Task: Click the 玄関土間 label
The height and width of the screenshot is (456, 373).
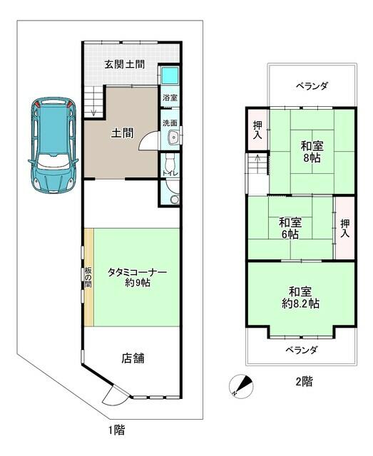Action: pos(125,64)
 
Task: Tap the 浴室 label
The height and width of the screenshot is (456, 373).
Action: pos(170,98)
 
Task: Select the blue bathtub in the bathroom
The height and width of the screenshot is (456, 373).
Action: pos(170,76)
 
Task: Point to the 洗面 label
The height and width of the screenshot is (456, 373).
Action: pos(170,123)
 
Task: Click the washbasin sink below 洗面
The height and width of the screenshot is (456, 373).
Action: pos(174,137)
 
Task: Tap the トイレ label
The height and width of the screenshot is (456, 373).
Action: pos(170,173)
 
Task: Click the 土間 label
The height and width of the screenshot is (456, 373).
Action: pos(123,133)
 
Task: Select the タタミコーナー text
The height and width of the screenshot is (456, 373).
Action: pos(138,272)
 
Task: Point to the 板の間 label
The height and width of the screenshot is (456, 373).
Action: pos(88,277)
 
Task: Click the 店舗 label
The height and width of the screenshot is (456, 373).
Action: pos(133,358)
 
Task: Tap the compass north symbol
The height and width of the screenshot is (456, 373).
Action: pos(241,386)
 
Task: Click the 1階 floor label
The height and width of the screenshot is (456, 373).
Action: pos(117,430)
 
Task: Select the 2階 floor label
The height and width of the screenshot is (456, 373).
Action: pos(305,382)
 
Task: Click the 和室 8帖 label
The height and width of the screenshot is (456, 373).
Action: pos(312,152)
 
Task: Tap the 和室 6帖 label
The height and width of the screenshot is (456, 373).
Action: pos(290,228)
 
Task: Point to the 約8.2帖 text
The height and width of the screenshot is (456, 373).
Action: pos(300,304)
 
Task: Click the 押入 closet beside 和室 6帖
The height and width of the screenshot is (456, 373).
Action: pos(345,228)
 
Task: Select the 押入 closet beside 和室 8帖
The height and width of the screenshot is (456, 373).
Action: pos(257,130)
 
